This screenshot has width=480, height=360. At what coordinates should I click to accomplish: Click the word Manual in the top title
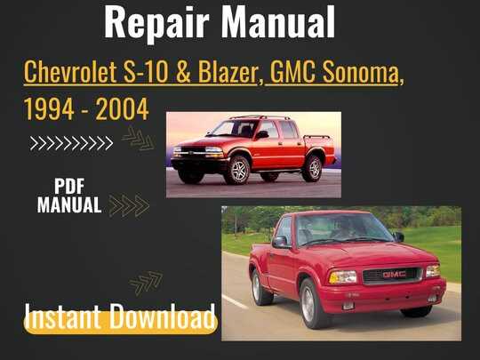coord(278,22)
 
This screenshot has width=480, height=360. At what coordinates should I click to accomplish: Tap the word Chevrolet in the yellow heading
coord(70,72)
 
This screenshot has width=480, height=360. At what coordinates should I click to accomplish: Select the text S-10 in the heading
coord(146,72)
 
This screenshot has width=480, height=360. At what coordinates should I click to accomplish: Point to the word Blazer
coord(228,72)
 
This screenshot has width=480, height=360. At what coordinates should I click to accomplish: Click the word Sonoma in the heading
coord(360,72)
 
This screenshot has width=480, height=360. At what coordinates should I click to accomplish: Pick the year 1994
coord(49,109)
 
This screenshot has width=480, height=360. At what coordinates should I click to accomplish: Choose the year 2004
coord(122,109)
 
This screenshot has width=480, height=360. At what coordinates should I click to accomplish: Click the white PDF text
coord(69,186)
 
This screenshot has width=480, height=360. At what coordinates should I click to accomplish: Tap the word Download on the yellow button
coord(163,316)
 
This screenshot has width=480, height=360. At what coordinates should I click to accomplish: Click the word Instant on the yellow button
coord(62,316)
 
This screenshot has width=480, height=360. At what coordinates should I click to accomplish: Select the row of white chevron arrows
coord(71,143)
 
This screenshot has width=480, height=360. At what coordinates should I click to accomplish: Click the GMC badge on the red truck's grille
coord(395,275)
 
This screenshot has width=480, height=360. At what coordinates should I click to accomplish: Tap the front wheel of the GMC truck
coord(308,304)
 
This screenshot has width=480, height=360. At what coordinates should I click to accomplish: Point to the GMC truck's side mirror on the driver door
coord(280,242)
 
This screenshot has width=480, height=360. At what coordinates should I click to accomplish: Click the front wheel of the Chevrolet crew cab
coord(239,170)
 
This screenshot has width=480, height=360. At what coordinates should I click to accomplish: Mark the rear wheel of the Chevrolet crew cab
coord(314,168)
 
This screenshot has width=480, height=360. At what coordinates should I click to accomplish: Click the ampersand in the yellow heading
coord(183,72)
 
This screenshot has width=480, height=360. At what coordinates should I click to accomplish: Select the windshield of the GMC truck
coord(343,228)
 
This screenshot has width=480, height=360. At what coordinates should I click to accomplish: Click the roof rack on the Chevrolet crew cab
coord(260,117)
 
